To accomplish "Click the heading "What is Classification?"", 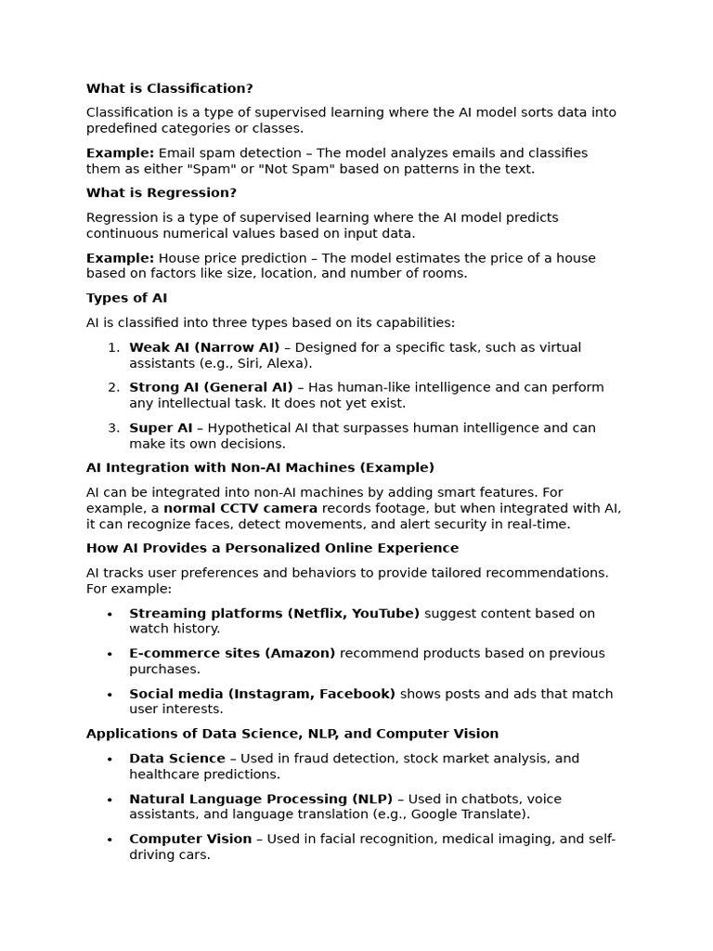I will pos(169,88).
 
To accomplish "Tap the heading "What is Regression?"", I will pos(161,193).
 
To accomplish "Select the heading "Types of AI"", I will pos(126,298).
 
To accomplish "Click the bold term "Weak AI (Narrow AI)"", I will pos(204,347).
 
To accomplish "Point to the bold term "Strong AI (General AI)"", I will pos(211,387).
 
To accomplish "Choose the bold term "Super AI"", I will pos(161,428).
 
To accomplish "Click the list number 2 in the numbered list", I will pos(113,387).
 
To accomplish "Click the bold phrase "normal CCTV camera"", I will pos(240,508).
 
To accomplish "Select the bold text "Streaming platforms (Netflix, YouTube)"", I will pos(274,613).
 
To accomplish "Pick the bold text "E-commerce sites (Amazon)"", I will pos(232,653).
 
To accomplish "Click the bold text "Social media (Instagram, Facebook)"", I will pos(262,694).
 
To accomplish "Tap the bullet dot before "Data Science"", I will pos(110,760).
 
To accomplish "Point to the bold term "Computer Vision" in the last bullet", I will pos(190,839).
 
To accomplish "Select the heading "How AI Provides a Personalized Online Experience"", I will pos(272,548).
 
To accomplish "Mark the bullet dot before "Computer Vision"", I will pos(110,840).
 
